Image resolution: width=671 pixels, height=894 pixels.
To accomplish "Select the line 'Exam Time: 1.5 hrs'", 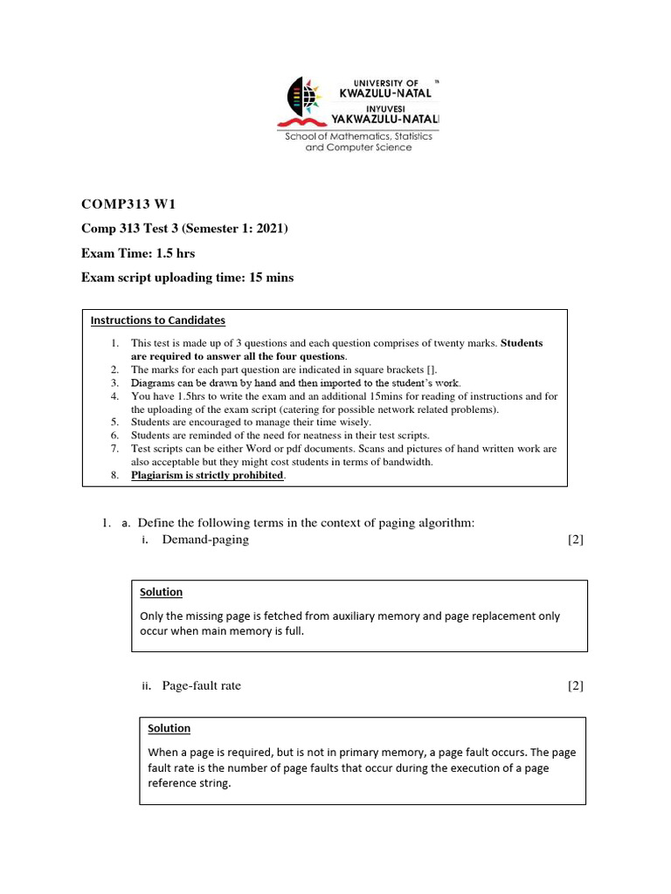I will point(138,253).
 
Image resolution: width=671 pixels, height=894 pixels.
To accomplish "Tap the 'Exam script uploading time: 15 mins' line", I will point(187,278).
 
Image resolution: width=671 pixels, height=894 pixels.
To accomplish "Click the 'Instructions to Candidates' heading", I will point(158,320).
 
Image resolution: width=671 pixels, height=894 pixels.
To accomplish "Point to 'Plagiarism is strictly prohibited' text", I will point(207,475).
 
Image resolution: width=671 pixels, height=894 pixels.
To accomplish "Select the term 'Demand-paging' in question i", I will point(205,540).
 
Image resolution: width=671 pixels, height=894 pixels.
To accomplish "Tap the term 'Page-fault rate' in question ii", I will point(201,685).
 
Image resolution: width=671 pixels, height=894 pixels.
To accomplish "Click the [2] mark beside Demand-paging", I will point(575,540).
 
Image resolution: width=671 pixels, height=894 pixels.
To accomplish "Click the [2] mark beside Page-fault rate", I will point(575,685).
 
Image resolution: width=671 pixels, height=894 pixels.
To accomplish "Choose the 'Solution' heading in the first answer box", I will point(162,592).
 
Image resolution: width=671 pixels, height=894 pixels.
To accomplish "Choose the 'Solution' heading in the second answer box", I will point(169,728).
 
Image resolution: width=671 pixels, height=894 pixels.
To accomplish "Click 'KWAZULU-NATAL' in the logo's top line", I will point(385,92).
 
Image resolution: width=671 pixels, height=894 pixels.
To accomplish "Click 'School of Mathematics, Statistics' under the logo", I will point(359,137).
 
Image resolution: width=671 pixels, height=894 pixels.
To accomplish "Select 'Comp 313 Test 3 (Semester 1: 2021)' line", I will point(184,229).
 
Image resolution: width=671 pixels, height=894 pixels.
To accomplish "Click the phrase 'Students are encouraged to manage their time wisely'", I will point(251,422).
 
